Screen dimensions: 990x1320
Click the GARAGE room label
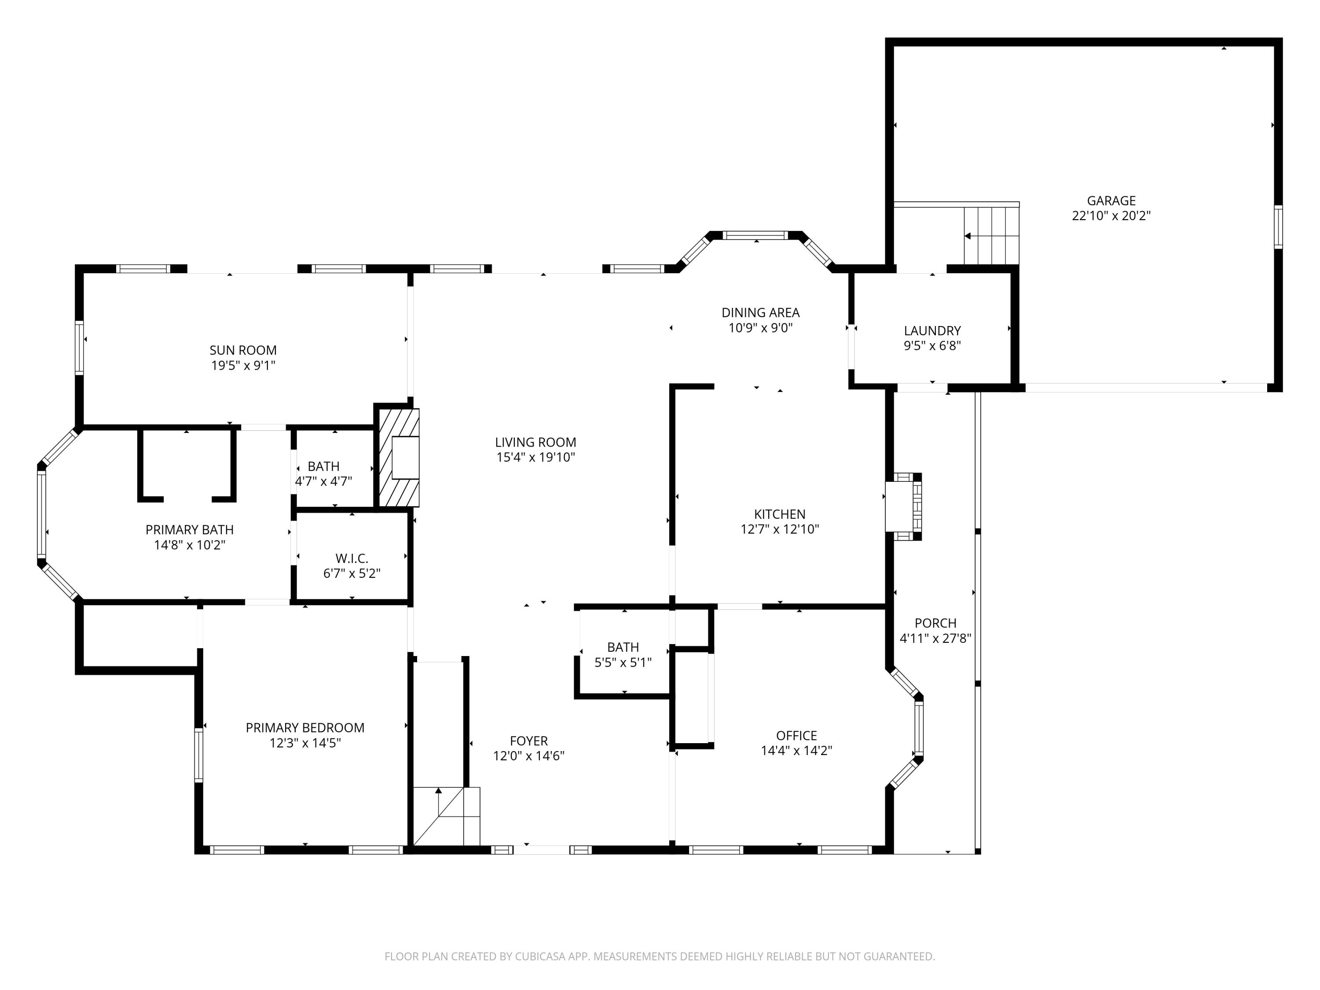pos(1111,201)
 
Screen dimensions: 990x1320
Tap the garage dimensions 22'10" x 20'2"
pos(1111,216)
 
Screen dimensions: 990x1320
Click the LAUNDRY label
pos(931,330)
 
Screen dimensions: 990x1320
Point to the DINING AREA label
pos(760,313)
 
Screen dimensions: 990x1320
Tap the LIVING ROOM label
pos(535,442)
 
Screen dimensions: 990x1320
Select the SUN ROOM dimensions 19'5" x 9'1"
pos(243,365)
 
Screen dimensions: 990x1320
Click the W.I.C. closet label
pos(352,558)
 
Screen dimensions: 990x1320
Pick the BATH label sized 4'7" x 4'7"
pos(323,466)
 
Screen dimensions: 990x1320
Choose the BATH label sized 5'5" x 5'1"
pos(623,647)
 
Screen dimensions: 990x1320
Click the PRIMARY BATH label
pos(189,530)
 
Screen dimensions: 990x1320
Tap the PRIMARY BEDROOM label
pos(305,727)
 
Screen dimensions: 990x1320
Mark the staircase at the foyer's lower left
pos(446,816)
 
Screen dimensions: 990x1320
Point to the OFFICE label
pos(796,735)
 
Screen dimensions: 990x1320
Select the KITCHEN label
pos(779,514)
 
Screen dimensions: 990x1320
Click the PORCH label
pos(935,623)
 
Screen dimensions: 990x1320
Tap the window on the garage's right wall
pos(1278,227)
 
